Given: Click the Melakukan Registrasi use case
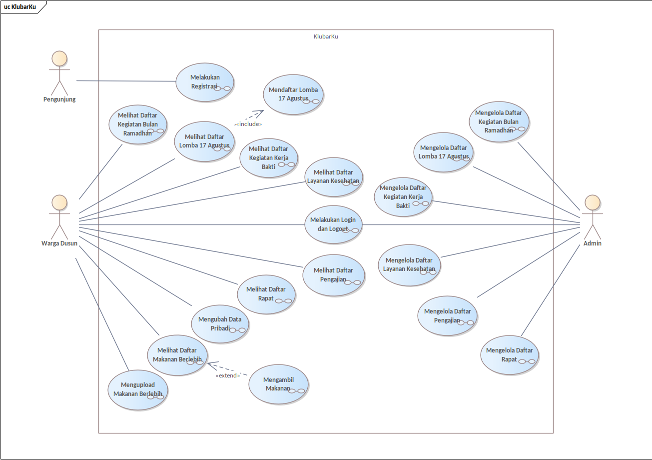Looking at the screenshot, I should click(x=205, y=82).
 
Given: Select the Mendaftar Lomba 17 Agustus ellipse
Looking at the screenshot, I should click(x=293, y=94).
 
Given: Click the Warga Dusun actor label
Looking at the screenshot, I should click(x=59, y=243).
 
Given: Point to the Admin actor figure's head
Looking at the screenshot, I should click(x=593, y=202).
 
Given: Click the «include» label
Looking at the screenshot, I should click(x=248, y=123).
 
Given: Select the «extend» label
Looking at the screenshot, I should click(x=228, y=375).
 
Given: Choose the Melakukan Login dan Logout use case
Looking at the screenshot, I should click(x=334, y=224).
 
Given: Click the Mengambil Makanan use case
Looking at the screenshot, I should click(x=278, y=383).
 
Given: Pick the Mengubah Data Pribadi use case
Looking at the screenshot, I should click(x=220, y=324).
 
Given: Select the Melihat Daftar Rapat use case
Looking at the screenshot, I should click(x=266, y=294).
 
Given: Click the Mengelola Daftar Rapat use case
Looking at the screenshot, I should click(x=510, y=354).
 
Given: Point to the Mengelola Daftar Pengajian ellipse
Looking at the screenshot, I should click(x=447, y=315).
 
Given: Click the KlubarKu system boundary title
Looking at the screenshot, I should click(x=326, y=36).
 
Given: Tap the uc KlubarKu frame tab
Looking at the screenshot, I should click(x=20, y=6).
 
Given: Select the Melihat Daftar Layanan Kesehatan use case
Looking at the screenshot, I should click(x=333, y=176).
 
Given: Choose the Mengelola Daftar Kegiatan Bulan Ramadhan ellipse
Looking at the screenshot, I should click(x=499, y=121).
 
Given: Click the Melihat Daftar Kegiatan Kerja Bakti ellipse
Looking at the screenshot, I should click(x=269, y=157).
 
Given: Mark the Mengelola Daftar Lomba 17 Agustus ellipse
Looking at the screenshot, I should click(x=443, y=152).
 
